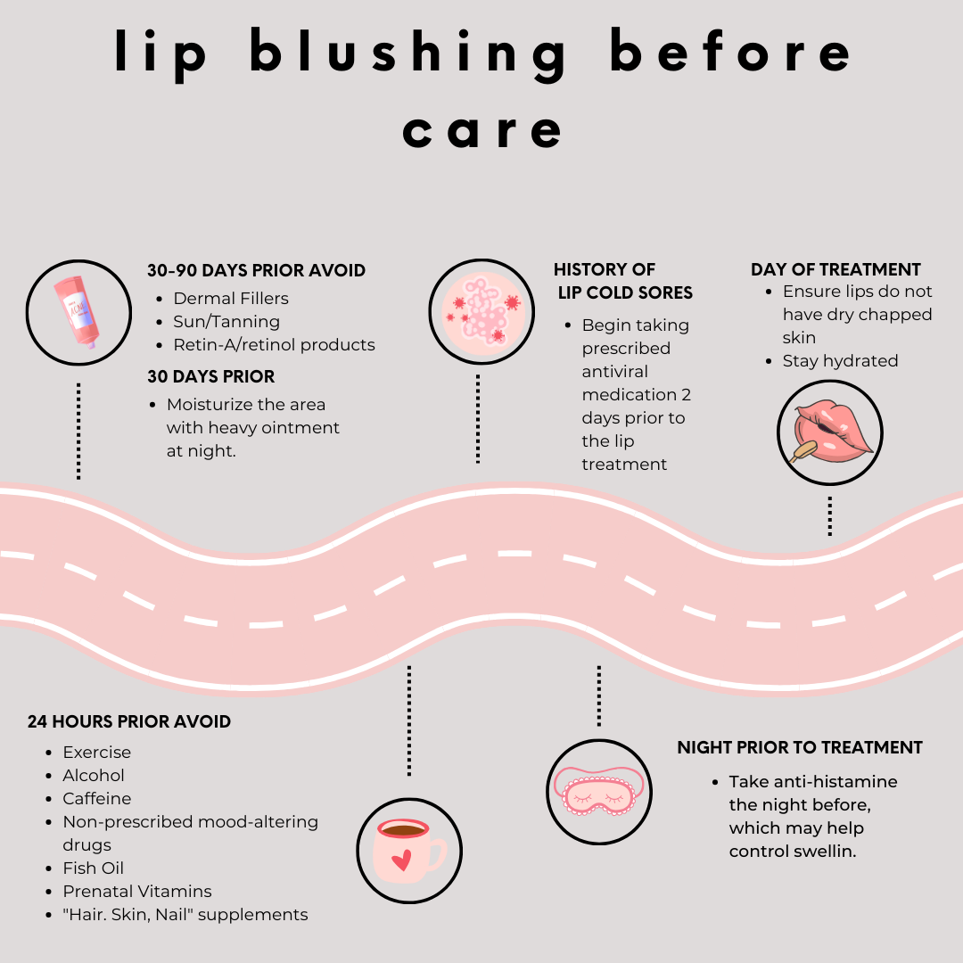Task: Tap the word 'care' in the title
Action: click(482, 131)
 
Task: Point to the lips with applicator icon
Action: click(829, 432)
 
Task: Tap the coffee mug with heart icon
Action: click(408, 850)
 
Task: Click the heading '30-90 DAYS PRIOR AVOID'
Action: click(256, 271)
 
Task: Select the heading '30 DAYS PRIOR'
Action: click(210, 376)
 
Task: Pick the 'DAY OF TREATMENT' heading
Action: click(835, 269)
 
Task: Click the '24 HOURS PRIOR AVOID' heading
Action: click(129, 721)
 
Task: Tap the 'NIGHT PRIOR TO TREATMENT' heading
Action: click(799, 747)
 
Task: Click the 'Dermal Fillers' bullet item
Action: click(231, 298)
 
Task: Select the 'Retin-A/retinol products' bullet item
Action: click(274, 344)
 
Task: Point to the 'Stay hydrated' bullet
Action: click(840, 361)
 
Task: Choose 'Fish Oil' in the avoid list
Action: click(93, 868)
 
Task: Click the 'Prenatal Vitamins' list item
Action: click(137, 891)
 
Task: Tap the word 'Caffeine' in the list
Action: click(96, 798)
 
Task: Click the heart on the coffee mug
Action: click(402, 860)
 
